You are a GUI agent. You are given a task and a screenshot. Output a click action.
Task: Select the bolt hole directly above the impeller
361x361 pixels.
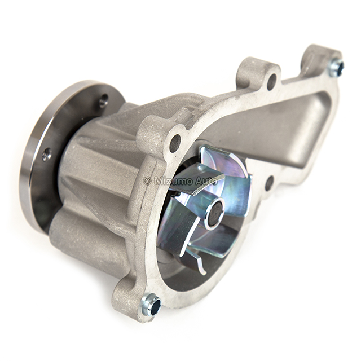point(175,140)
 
